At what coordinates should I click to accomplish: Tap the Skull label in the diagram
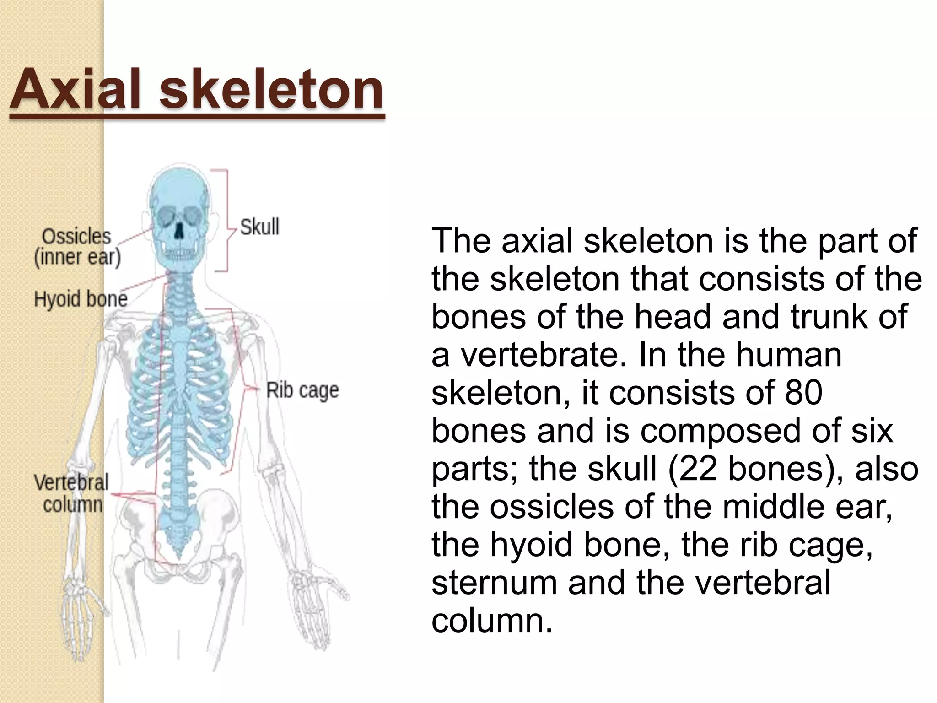[259, 227]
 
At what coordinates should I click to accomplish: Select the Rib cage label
[302, 390]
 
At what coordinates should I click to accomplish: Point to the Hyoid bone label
[81, 299]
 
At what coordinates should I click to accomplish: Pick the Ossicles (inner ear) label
[77, 247]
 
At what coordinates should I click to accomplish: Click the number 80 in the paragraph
[803, 393]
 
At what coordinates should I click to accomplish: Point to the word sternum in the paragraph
[494, 583]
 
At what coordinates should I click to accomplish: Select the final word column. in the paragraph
[492, 621]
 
